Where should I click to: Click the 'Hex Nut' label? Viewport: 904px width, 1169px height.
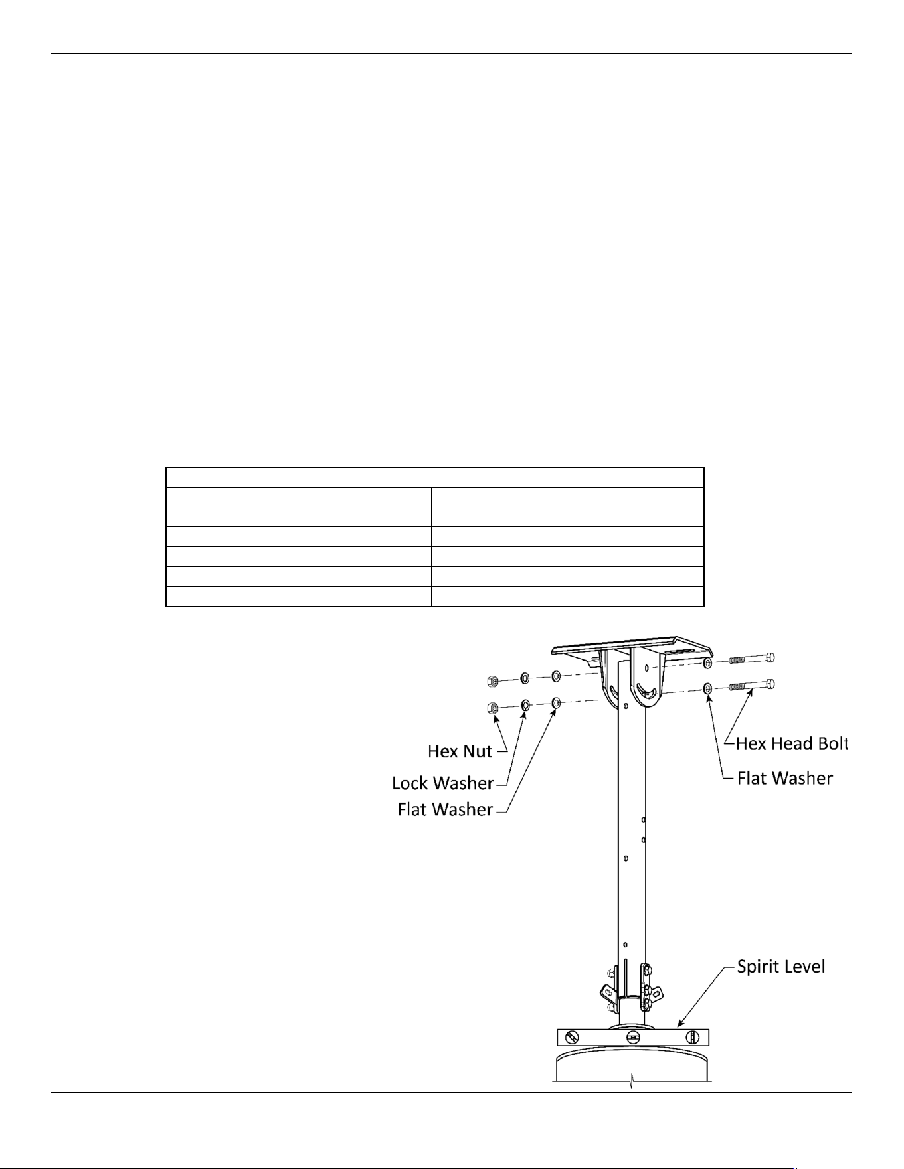click(460, 751)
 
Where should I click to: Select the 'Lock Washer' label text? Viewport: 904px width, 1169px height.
click(443, 783)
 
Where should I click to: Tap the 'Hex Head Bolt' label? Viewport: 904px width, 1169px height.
click(792, 743)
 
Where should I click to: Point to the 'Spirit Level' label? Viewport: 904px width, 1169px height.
click(781, 966)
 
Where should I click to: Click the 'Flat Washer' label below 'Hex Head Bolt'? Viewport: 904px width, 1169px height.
click(785, 778)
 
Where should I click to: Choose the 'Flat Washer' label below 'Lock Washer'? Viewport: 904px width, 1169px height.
click(445, 809)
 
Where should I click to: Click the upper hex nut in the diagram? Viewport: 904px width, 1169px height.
click(492, 681)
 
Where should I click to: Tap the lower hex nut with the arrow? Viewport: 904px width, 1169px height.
click(494, 707)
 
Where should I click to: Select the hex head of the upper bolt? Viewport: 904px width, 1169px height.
click(770, 658)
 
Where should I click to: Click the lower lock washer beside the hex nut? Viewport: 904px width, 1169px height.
click(525, 704)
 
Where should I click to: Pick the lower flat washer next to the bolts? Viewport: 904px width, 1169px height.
click(708, 688)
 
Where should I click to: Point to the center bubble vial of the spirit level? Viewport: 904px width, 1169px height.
click(634, 1037)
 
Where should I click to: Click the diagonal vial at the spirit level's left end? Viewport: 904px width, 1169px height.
click(569, 1037)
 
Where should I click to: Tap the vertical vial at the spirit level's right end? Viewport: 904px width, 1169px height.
click(691, 1037)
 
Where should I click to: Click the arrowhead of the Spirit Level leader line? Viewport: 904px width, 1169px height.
click(679, 1025)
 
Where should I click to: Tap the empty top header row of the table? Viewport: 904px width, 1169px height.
click(434, 477)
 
